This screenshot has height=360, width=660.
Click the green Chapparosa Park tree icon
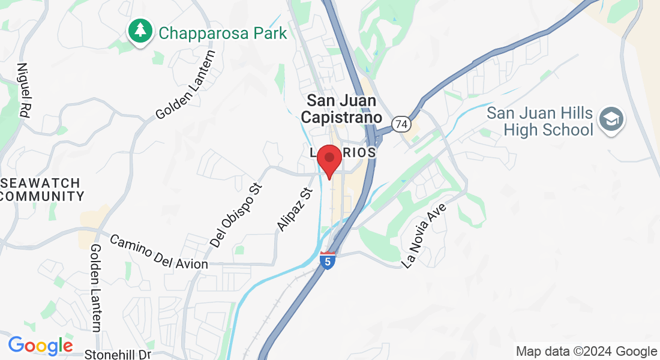point(141,31)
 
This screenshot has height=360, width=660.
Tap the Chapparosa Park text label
point(223,32)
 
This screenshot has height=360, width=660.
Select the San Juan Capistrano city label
point(341,109)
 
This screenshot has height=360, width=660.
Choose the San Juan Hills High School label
point(539,121)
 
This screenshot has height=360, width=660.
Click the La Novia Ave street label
point(427,235)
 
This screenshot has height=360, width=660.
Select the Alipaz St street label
point(296,209)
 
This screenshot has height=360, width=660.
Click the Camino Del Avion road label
point(159,251)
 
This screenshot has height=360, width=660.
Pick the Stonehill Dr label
point(117,355)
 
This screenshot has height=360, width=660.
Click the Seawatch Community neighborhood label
point(41,189)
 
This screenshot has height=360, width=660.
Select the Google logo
point(40,346)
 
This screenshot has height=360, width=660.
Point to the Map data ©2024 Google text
point(586,352)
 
